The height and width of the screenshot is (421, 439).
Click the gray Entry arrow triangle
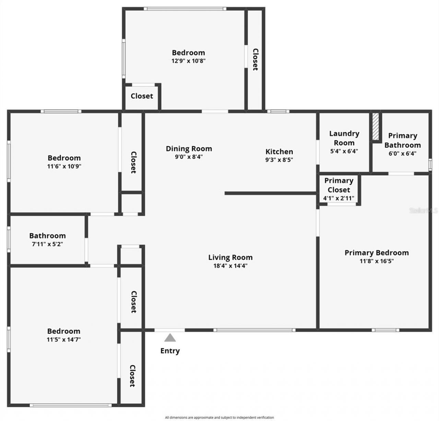click(170, 338)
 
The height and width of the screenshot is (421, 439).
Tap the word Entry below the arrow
click(170, 351)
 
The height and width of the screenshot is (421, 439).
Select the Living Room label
click(230, 257)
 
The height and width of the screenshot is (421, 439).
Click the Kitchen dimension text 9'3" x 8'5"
click(279, 160)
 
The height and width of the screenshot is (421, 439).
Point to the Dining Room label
click(189, 149)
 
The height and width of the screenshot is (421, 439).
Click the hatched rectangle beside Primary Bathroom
click(376, 126)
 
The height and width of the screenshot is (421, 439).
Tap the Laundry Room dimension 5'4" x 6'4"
click(344, 151)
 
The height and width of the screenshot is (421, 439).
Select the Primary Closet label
click(339, 185)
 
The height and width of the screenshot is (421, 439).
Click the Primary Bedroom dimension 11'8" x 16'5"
click(376, 261)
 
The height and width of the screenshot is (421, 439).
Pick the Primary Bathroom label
click(402, 140)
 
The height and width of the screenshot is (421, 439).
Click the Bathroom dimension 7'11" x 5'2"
click(47, 244)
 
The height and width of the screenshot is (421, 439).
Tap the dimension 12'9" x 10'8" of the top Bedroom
click(188, 61)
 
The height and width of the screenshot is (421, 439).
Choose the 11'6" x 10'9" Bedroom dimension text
click(64, 166)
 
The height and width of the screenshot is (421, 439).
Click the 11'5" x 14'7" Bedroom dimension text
click(64, 339)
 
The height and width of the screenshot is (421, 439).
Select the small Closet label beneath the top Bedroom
click(142, 96)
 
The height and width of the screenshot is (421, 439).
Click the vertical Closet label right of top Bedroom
click(255, 59)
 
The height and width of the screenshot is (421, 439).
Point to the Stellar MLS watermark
click(423, 210)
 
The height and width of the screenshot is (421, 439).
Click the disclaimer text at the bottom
click(219, 418)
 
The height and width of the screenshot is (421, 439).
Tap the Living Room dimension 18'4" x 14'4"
click(230, 265)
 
